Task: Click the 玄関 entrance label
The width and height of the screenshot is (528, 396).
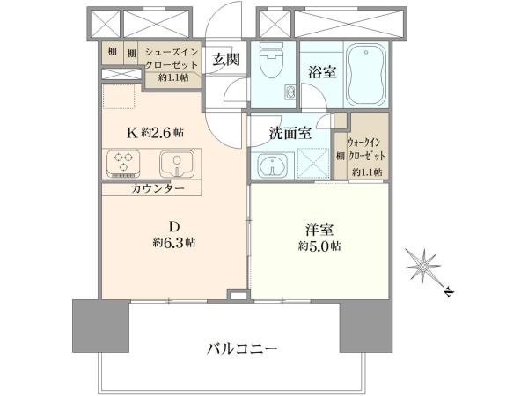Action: click(226, 60)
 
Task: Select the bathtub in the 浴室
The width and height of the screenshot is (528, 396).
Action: click(366, 75)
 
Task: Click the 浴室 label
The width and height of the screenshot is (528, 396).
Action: click(322, 72)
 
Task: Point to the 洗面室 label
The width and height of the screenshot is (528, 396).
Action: click(290, 134)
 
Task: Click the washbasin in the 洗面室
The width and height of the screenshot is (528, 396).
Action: click(273, 165)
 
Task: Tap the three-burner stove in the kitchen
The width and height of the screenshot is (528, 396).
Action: click(123, 164)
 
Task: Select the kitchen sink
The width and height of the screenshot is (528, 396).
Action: click(177, 164)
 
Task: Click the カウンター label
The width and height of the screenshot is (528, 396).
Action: click(158, 188)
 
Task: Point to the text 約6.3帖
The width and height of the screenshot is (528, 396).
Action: click(173, 243)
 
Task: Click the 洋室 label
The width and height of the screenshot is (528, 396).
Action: click(319, 231)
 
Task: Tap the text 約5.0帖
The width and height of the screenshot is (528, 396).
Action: click(319, 246)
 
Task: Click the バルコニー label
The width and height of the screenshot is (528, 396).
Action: click(242, 348)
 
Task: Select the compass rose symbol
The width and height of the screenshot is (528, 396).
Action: click(422, 267)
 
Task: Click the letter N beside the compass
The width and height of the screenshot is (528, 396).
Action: click(448, 292)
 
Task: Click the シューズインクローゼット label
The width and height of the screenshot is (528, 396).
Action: click(171, 58)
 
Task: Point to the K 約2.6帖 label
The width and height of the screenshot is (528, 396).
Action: click(155, 133)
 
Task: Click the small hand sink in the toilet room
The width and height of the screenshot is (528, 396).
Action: click(290, 92)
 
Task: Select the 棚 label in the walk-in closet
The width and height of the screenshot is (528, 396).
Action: click(341, 157)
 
